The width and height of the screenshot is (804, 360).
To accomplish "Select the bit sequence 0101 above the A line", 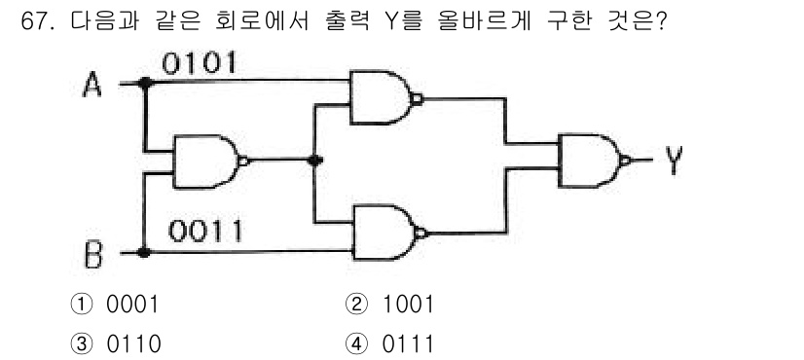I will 200,64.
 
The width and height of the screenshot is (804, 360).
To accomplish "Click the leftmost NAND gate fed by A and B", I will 205,161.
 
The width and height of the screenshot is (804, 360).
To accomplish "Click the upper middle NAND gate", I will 382,98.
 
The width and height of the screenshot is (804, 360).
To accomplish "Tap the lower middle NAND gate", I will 385,232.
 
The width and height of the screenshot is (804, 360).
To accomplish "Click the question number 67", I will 37,21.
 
